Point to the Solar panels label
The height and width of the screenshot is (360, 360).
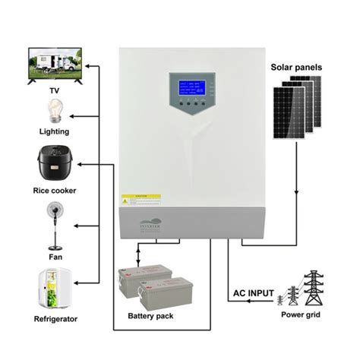click(x=296, y=68)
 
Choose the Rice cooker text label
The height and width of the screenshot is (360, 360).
click(x=55, y=189)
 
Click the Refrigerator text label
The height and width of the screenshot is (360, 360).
click(x=55, y=319)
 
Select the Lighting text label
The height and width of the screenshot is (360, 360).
click(x=55, y=131)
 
